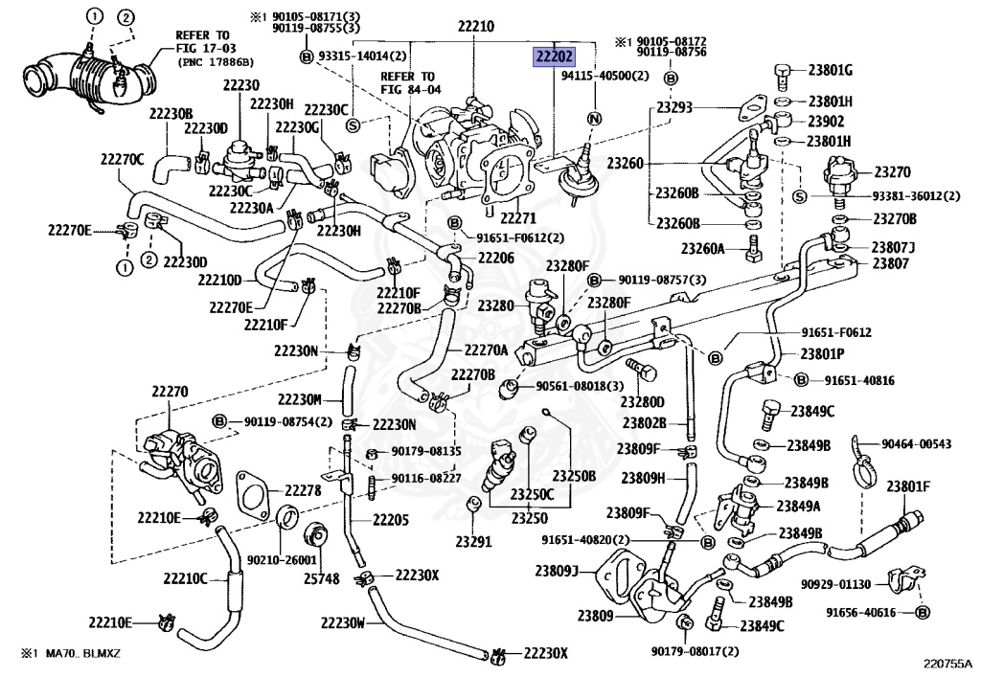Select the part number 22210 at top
click(x=475, y=26)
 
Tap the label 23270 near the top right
click(x=892, y=171)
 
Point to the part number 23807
click(x=890, y=263)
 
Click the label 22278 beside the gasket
click(x=303, y=490)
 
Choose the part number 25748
click(x=322, y=579)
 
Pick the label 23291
click(x=473, y=541)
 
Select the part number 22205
click(x=391, y=519)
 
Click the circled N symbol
click(x=594, y=119)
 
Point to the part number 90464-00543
click(x=916, y=443)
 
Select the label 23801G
click(x=830, y=70)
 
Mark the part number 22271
click(x=518, y=218)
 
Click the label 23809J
click(x=556, y=571)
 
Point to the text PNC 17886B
click(x=216, y=62)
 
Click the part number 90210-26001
click(x=282, y=561)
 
